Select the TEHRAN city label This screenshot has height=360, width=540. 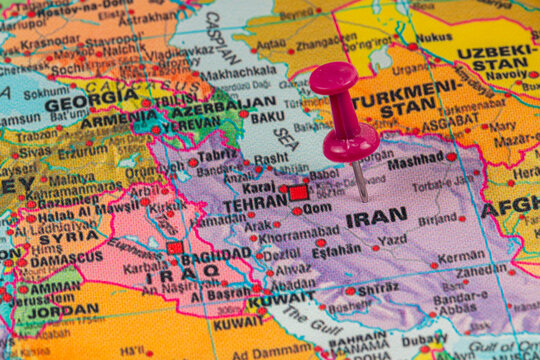pyautogui.click(x=255, y=203)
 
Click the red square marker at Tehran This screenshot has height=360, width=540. pyautogui.click(x=298, y=192)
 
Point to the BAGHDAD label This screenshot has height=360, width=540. pyautogui.click(x=216, y=256)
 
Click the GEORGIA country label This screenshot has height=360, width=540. pyautogui.click(x=91, y=102)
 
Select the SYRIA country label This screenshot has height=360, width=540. pyautogui.click(x=70, y=238)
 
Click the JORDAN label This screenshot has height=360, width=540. pyautogui.click(x=62, y=310)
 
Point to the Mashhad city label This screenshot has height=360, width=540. pyautogui.click(x=415, y=160)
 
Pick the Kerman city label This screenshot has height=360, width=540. pyautogui.click(x=461, y=256)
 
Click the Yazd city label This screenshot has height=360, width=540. pyautogui.click(x=393, y=240)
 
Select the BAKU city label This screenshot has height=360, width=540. pyautogui.click(x=267, y=117)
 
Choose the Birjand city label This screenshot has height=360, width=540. pyautogui.click(x=437, y=219)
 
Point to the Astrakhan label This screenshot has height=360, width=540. pyautogui.click(x=147, y=17)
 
